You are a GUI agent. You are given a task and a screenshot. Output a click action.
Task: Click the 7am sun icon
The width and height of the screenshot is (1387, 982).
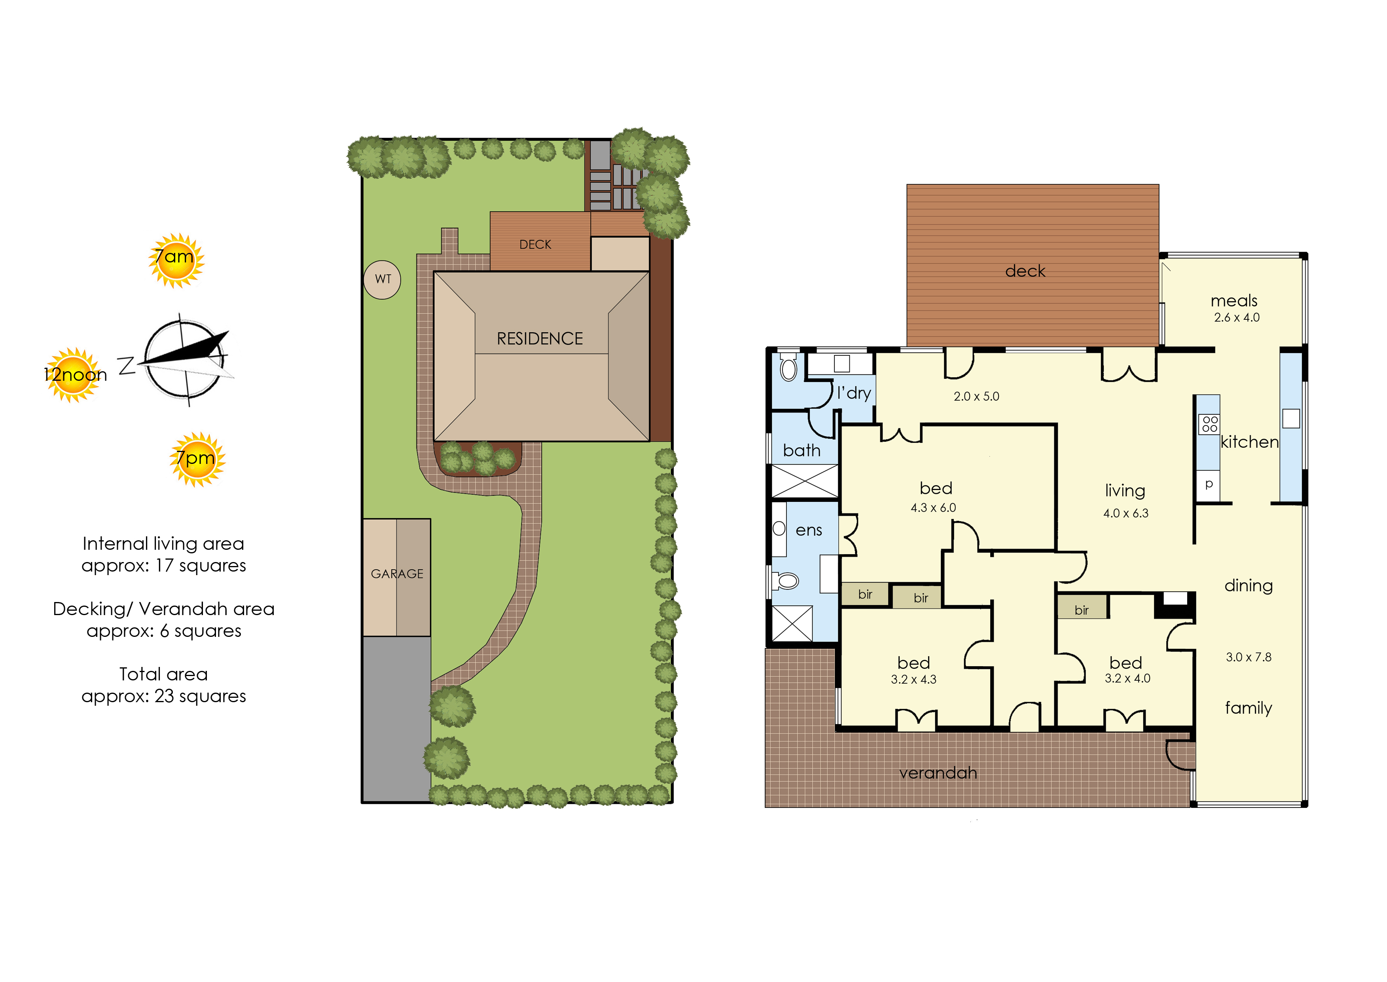(x=176, y=260)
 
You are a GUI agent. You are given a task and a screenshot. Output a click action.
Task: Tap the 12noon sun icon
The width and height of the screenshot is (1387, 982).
(x=74, y=374)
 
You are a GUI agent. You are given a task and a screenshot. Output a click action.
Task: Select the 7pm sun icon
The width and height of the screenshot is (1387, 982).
(x=197, y=459)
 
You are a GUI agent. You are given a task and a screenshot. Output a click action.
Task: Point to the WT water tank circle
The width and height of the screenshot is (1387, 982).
(x=382, y=279)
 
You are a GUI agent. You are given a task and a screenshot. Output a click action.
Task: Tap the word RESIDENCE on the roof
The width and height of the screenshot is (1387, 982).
(x=540, y=339)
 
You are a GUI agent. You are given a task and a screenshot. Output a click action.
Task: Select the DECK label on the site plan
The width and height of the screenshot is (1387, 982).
(x=536, y=244)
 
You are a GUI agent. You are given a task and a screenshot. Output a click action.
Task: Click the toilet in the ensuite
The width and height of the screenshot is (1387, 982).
(x=786, y=581)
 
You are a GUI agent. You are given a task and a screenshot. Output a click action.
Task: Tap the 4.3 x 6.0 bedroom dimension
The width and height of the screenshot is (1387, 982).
(x=933, y=508)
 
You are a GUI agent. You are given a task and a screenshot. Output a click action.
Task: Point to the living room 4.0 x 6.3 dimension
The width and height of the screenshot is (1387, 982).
(x=1126, y=513)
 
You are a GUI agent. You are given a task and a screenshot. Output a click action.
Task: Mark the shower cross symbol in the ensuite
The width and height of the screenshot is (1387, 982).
(x=792, y=623)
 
